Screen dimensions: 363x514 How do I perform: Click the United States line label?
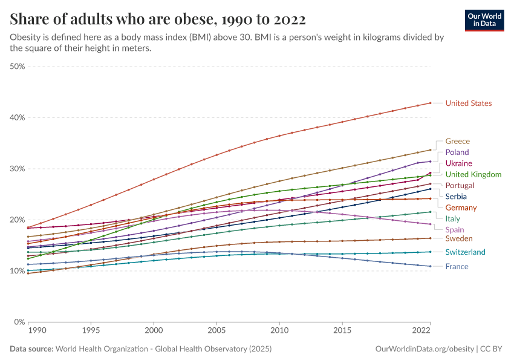coord(468,103)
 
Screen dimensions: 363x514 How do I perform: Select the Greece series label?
coord(457,141)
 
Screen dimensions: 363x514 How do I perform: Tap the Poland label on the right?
coord(457,152)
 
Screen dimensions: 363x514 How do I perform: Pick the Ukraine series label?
coord(458,163)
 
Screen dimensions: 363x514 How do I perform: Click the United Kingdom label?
coord(473,175)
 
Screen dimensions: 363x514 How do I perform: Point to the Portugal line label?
coord(460,186)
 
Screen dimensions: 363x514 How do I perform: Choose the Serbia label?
coord(456,197)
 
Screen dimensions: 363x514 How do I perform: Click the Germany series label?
coord(461,208)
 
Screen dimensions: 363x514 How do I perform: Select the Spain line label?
coord(455,230)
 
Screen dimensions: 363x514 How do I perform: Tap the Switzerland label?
coord(465,252)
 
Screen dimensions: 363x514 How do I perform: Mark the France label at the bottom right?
coord(457,267)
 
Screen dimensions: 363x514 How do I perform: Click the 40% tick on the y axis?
coord(17,117)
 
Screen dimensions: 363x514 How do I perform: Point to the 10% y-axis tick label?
coord(17,270)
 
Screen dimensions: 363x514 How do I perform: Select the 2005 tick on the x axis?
coord(216,331)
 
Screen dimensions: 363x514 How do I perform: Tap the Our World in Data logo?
coord(484,20)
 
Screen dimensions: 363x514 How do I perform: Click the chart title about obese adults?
coord(157,19)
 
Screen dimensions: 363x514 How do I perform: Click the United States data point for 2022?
coord(430,103)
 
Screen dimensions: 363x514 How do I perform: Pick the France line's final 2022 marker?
coord(430,266)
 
